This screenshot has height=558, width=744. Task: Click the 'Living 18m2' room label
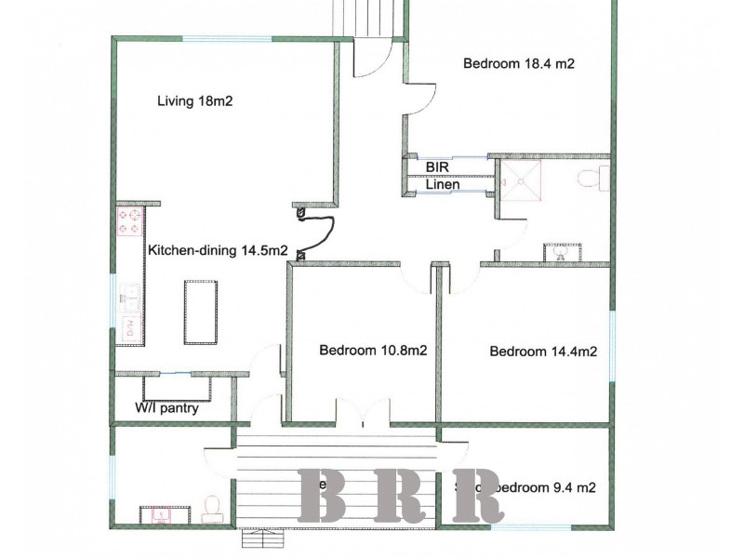point(194,101)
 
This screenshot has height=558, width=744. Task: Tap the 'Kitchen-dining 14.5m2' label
point(218,250)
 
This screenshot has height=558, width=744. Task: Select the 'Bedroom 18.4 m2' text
point(518,64)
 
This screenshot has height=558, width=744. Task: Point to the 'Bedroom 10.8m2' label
point(373,351)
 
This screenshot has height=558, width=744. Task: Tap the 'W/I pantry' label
point(166,407)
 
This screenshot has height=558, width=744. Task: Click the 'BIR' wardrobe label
point(438,166)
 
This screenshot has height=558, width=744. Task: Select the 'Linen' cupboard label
point(443,185)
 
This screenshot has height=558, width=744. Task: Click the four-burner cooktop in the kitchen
point(127,222)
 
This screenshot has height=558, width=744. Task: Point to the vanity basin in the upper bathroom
point(559,250)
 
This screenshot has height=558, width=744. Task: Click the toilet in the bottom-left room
point(211,505)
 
